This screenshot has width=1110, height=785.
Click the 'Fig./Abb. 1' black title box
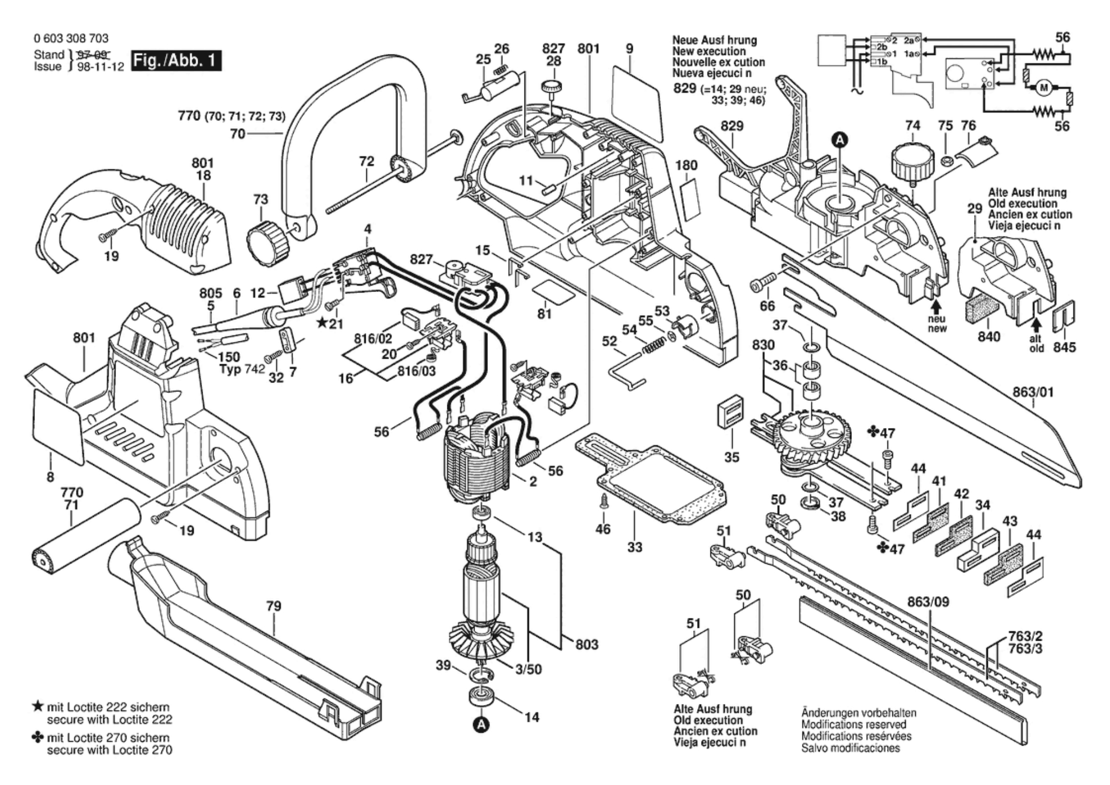tap(176, 61)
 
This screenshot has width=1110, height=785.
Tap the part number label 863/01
tap(1033, 392)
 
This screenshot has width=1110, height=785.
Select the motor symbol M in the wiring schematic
tap(1044, 87)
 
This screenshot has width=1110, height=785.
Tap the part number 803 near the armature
tap(587, 645)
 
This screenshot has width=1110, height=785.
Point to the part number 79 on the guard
tap(273, 606)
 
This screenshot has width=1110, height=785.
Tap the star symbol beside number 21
tap(321, 323)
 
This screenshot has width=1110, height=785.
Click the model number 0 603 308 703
tap(71, 38)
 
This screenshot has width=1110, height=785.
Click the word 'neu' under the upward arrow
tap(937, 319)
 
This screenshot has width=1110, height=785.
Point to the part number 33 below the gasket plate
tap(635, 547)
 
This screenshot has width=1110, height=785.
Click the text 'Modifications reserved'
tap(854, 724)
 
